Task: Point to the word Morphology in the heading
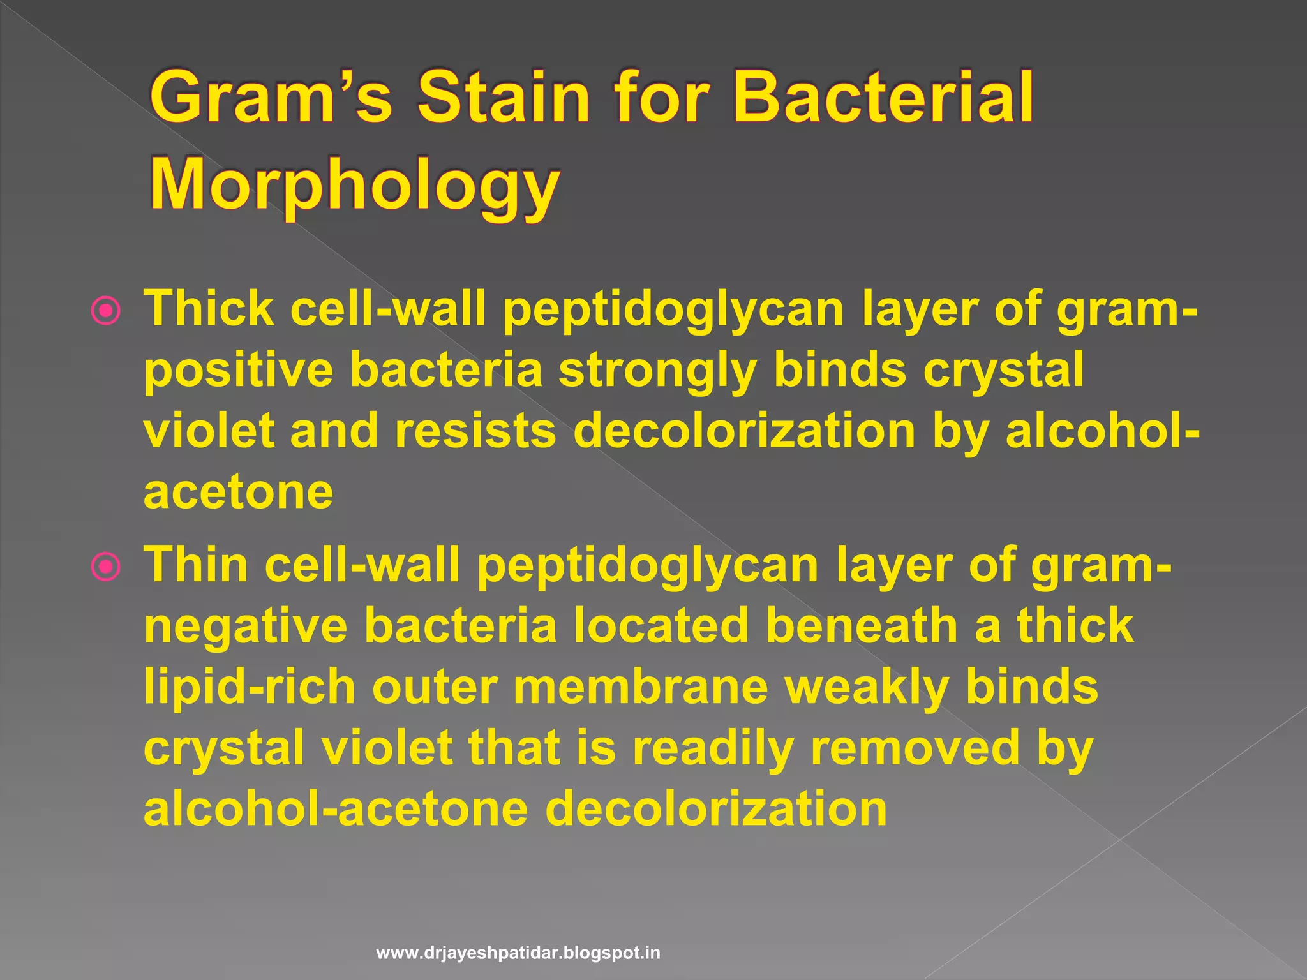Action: coord(355,186)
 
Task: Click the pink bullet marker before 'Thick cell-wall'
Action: coord(106,312)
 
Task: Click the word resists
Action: coord(475,431)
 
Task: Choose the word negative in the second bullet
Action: coord(246,626)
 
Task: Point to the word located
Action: coord(661,626)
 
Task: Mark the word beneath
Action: coord(862,626)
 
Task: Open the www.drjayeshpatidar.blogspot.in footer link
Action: coord(518,953)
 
